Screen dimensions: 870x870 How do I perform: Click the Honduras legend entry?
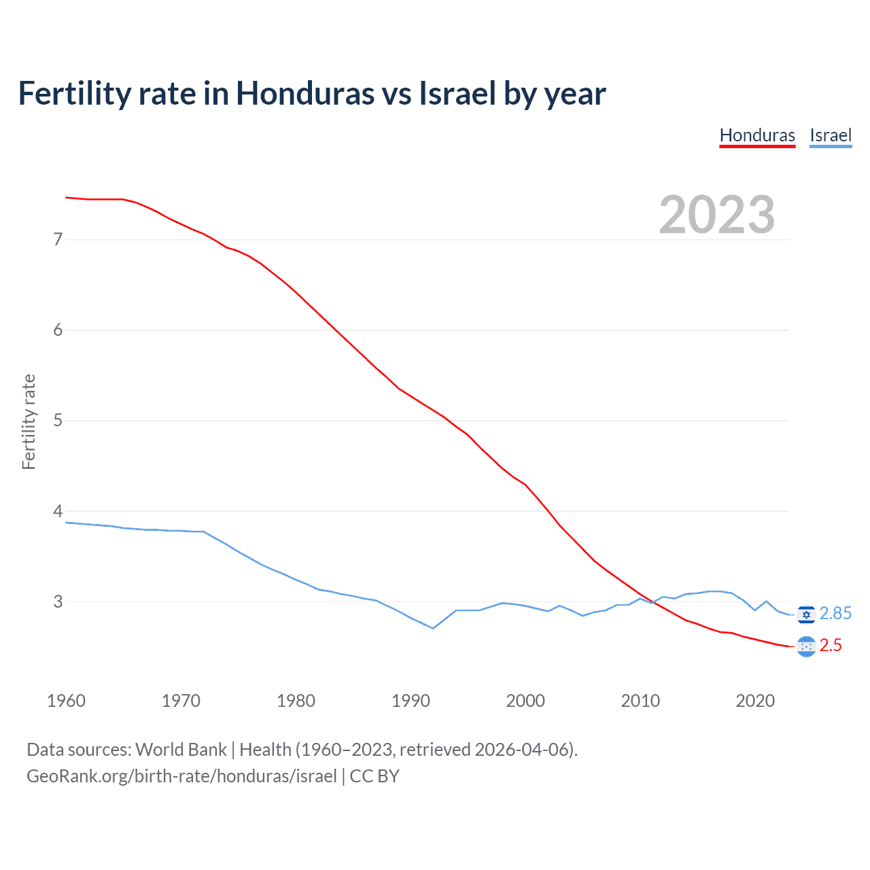(x=757, y=135)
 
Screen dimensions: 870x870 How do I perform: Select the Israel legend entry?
(x=831, y=135)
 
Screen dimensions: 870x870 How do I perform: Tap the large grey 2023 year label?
(x=717, y=215)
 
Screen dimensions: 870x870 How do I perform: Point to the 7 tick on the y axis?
(x=58, y=239)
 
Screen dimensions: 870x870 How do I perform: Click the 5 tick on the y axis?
(x=58, y=420)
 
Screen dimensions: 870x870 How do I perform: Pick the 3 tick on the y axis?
(x=58, y=602)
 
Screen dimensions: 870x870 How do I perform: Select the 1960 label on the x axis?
(x=66, y=701)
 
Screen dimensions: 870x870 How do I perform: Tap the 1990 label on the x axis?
(x=411, y=701)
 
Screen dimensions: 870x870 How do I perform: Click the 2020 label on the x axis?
(x=755, y=701)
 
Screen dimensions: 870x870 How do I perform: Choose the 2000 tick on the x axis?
(x=525, y=701)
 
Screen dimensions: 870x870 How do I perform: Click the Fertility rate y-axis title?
(x=29, y=421)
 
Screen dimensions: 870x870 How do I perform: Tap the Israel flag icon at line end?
(x=806, y=614)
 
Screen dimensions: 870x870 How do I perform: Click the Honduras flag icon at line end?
(x=806, y=646)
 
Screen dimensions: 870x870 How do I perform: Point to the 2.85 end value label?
(x=835, y=614)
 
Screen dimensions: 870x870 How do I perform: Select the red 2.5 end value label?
(x=831, y=646)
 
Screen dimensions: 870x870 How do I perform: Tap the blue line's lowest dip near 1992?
(x=433, y=628)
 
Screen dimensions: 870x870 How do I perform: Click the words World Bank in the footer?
(x=181, y=750)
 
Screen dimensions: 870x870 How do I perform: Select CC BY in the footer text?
(x=375, y=776)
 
